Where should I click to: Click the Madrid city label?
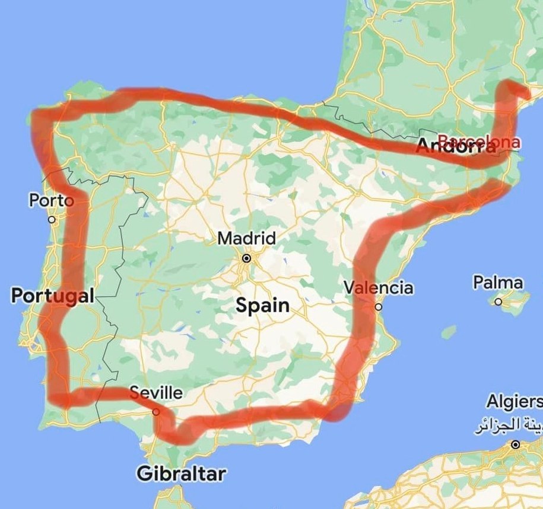[246, 239]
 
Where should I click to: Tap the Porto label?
[51, 200]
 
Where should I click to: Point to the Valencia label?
[379, 288]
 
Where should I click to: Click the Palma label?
[498, 283]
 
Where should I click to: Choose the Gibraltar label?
[181, 474]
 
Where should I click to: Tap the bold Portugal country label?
[52, 296]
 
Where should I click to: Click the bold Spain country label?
[262, 306]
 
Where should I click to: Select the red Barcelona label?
[478, 142]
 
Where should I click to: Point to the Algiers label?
[514, 402]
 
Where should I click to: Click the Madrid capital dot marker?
[246, 258]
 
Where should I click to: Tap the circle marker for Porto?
[52, 219]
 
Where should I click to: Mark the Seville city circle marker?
[155, 411]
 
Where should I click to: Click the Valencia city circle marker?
[379, 307]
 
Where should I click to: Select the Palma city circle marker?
[498, 302]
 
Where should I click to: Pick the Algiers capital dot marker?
[516, 444]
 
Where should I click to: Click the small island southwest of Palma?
[449, 331]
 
